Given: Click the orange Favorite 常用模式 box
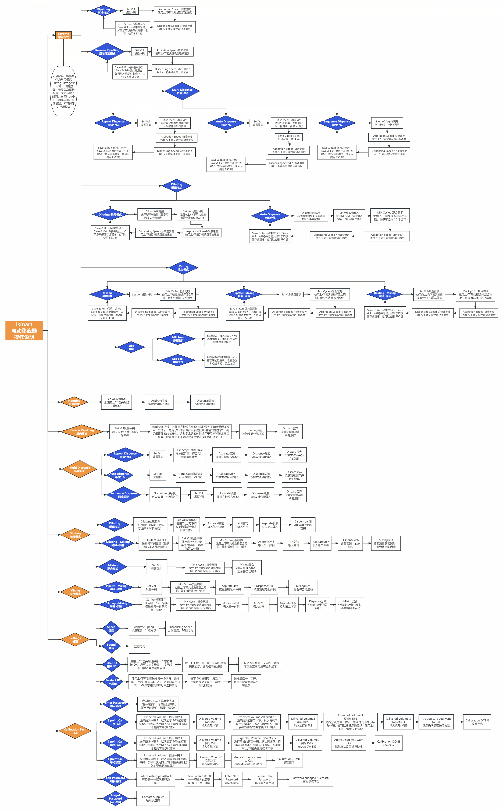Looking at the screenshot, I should click(x=63, y=35).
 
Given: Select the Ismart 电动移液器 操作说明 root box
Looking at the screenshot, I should click(x=24, y=331).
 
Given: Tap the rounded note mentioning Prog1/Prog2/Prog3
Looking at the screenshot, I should click(x=63, y=91).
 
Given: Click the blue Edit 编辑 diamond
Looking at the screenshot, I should click(x=131, y=347).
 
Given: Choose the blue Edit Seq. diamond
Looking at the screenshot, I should click(x=178, y=360).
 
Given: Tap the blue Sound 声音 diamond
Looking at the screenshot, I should click(x=111, y=646).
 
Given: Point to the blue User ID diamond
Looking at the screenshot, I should click(x=112, y=665).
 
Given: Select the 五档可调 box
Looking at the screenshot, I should click(x=139, y=646).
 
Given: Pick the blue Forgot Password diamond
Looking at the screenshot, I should click(x=115, y=798).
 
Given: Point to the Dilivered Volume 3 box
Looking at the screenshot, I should click(x=398, y=722).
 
